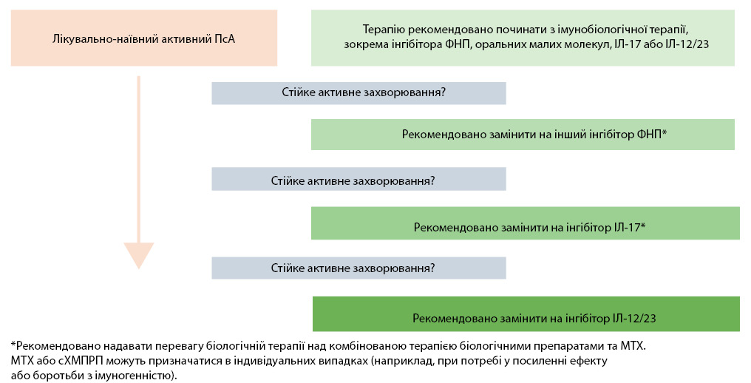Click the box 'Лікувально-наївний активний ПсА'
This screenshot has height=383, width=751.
pos(144,38)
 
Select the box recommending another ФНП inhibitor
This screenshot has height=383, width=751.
pos(523,134)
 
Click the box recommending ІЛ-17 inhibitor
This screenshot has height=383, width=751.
pos(526,223)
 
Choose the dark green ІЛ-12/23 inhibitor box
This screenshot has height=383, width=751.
pos(526,313)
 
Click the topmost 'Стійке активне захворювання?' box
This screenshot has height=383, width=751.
pos(358,92)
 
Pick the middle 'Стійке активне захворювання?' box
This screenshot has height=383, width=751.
pos(358,180)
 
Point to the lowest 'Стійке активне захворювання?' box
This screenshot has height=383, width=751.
pos(358,268)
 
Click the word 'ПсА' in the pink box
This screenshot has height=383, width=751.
pos(224,38)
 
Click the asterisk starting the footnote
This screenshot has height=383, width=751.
pos(13,345)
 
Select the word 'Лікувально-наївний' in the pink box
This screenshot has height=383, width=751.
pos(98,38)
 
